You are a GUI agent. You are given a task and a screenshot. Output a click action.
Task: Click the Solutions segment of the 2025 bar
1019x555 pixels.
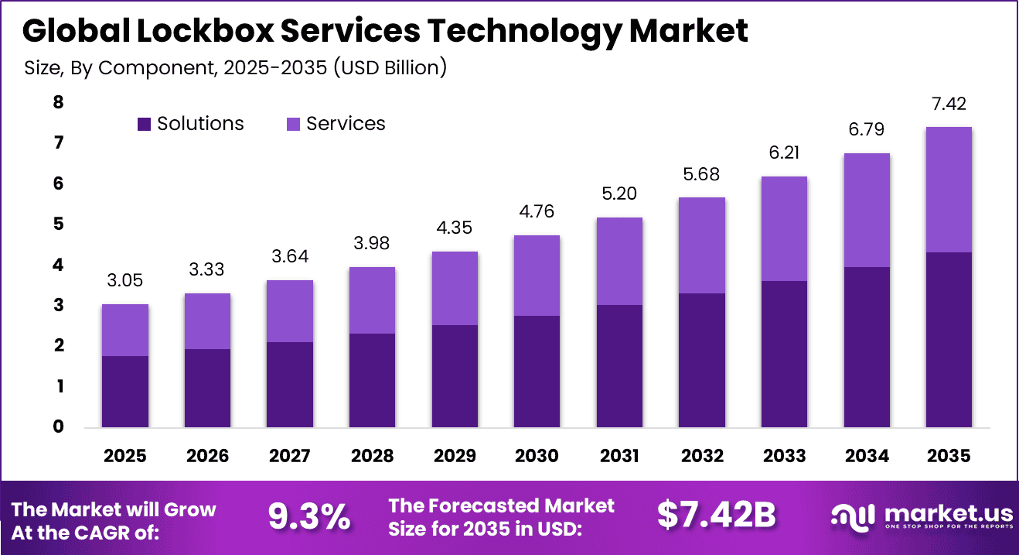pos(125,391)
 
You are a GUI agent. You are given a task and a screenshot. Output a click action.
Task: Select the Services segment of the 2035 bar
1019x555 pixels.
pos(949,190)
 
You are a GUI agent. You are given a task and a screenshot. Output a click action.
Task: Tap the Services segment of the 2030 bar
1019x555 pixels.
pos(537,276)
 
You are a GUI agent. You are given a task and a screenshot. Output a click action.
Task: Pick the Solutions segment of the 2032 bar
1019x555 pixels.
pos(701,360)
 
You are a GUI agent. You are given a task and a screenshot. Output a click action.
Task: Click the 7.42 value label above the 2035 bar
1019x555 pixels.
pos(949,104)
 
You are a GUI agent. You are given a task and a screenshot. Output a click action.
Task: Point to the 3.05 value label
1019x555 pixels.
pos(125,281)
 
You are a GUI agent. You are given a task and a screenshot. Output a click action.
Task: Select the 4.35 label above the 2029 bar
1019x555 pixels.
pos(455,228)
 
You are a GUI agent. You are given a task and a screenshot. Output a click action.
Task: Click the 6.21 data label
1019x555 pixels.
pos(784,153)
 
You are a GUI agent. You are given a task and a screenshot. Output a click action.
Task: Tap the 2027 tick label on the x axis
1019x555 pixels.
pos(290,456)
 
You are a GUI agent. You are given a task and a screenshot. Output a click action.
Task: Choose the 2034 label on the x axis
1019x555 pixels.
pos(866,456)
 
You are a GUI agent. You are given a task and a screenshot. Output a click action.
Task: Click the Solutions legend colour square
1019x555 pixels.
pos(144,124)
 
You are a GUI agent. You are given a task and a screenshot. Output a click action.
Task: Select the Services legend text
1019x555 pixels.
pos(346,124)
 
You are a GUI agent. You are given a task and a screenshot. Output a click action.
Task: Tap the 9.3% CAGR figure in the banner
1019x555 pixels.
pos(308,516)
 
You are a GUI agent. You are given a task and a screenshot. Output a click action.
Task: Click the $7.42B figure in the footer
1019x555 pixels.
pos(716,516)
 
